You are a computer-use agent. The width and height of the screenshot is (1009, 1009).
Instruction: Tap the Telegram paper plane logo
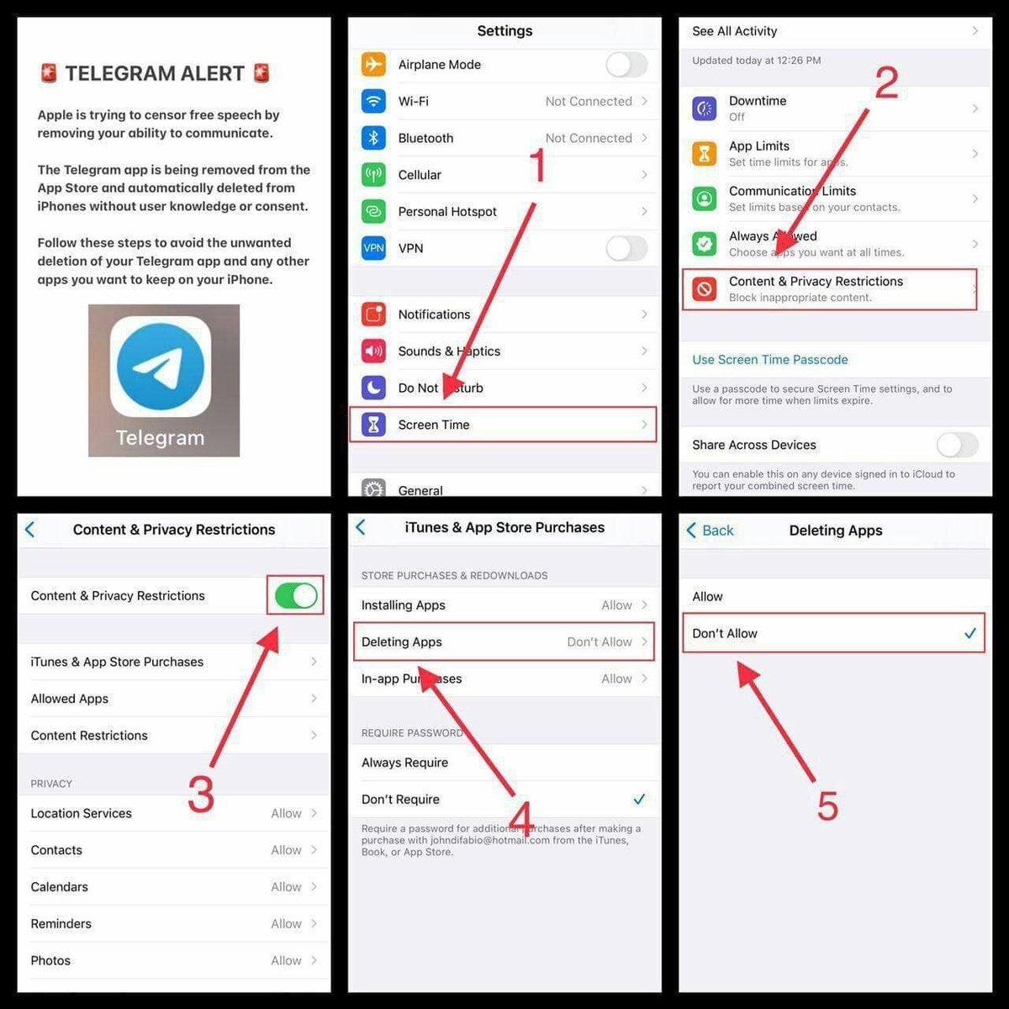[x=160, y=367]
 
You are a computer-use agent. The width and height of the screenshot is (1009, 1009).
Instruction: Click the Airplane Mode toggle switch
[x=626, y=65]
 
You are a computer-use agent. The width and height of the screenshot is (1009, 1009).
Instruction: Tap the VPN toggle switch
[x=626, y=248]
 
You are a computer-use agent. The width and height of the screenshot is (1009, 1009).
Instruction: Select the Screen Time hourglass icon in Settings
[x=373, y=425]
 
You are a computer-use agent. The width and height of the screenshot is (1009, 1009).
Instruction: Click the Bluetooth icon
[x=373, y=138]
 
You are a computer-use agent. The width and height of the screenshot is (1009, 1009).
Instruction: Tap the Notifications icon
[x=373, y=314]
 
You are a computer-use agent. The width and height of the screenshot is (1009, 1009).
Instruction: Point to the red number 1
[x=537, y=166]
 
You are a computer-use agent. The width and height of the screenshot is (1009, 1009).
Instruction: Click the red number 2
[x=886, y=82]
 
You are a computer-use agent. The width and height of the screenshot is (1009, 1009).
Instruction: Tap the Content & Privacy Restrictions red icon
[x=704, y=289]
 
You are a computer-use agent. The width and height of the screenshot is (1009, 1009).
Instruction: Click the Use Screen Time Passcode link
[x=769, y=360]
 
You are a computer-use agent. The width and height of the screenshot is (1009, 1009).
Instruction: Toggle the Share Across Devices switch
[x=957, y=445]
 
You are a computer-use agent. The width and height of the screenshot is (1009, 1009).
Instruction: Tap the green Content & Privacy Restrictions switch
[x=295, y=596]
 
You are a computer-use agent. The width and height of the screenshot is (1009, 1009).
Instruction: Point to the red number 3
[x=200, y=795]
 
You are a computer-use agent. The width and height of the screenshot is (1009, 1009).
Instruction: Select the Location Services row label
[x=82, y=814]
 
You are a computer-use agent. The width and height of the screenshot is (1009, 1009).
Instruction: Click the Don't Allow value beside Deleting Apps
[x=599, y=642]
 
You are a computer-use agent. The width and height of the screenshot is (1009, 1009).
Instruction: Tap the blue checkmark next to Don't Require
[x=639, y=799]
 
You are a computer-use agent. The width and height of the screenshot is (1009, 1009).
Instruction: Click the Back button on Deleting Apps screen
[x=711, y=531]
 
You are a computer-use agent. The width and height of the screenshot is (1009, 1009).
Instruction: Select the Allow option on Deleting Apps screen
[x=708, y=597]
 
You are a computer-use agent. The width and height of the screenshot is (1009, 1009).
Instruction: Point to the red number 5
[x=827, y=806]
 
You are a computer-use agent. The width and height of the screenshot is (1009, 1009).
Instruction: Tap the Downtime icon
[x=704, y=108]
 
